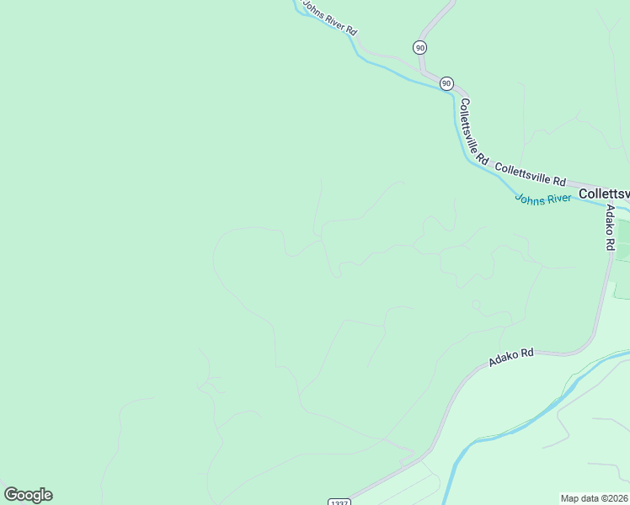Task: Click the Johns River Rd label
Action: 329,19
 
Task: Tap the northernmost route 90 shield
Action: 420,47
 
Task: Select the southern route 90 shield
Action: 446,83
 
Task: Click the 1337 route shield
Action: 339,502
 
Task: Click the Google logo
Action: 28,495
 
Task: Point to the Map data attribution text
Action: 595,498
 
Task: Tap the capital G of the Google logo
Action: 11,495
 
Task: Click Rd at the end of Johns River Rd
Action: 350,31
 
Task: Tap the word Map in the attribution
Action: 570,498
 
